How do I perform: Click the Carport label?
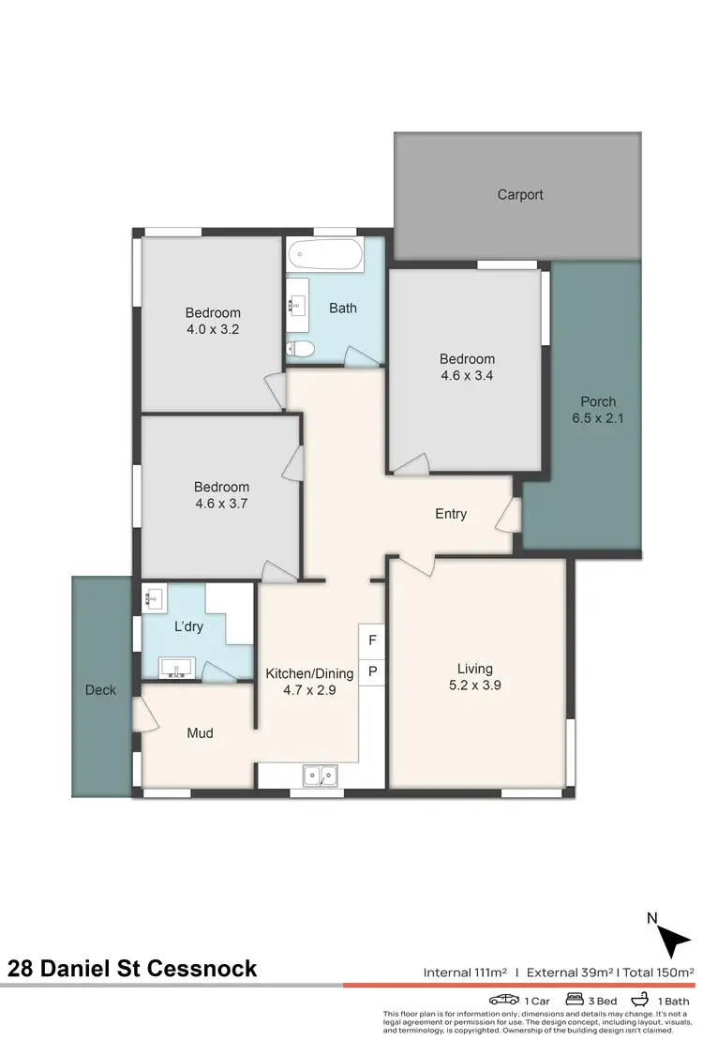pos(519,195)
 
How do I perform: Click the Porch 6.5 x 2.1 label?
pos(598,410)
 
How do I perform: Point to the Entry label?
pos(451,514)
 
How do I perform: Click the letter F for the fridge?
pos(372,641)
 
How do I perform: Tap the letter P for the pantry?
pos(372,671)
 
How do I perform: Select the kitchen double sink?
pos(321,776)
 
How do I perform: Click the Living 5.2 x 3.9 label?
pos(475,677)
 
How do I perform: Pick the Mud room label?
pos(200,733)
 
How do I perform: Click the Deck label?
pos(101,690)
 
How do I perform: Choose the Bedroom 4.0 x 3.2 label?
pos(213,321)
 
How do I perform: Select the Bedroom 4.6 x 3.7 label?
pos(221,495)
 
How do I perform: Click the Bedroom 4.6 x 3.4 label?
pos(467,367)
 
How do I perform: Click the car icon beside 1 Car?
pos(503,1001)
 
